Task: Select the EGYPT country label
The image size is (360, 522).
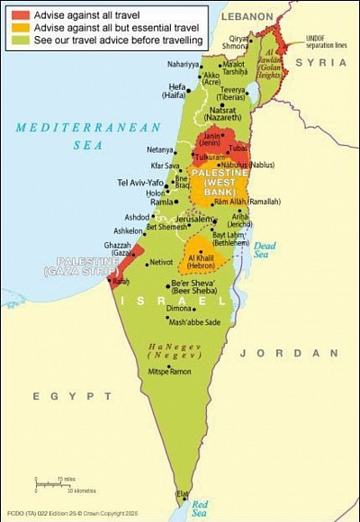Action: coord(59,395)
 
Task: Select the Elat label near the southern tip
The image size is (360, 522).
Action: coord(183,493)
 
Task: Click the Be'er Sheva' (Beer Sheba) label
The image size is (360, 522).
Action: coord(200,289)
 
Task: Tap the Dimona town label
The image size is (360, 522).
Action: coord(180,308)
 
